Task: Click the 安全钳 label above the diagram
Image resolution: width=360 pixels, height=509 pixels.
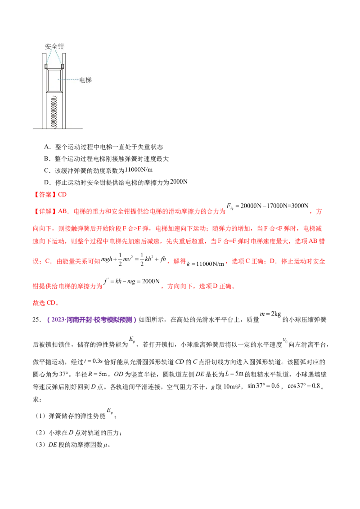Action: click(x=54, y=46)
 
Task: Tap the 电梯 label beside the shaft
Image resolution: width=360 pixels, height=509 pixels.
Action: click(x=85, y=80)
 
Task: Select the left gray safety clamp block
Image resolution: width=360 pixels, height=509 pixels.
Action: click(x=46, y=67)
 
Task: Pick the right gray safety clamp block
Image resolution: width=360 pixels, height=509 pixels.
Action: click(x=63, y=67)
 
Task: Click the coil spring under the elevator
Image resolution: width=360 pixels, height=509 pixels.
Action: click(x=54, y=112)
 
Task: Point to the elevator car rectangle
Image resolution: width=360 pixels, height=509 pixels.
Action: click(x=54, y=80)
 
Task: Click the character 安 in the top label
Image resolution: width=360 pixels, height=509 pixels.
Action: click(x=48, y=46)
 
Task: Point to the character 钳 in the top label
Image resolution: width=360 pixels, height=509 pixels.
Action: click(x=60, y=46)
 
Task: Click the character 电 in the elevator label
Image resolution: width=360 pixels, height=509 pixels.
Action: click(x=82, y=80)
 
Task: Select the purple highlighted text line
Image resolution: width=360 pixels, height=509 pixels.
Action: click(x=91, y=320)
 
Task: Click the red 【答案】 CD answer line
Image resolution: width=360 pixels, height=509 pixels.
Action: click(x=50, y=195)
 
